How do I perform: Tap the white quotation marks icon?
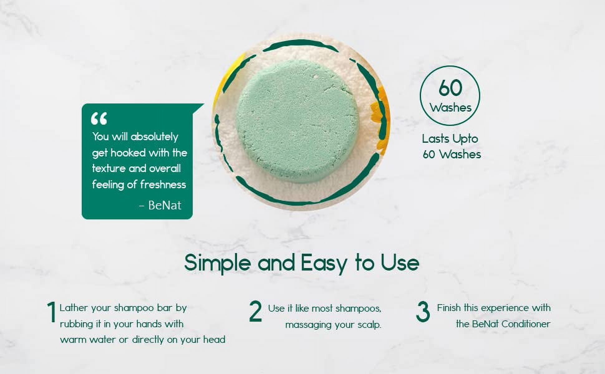99,118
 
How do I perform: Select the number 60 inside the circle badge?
450,88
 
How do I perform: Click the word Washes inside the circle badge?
450,108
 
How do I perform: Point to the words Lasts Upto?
450,139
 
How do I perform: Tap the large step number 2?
255,312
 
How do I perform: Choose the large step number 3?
423,312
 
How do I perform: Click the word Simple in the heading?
217,263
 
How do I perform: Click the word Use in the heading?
400,263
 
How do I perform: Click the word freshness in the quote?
163,185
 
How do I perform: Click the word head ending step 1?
214,339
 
